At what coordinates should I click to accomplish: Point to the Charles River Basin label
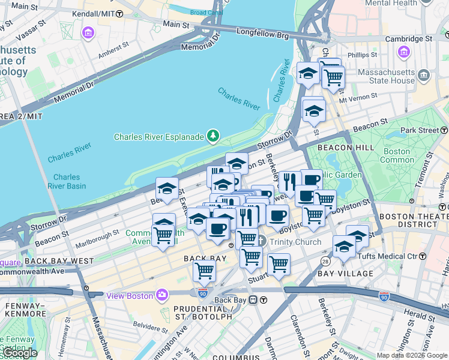(70, 181)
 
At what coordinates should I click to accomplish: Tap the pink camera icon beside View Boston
(162, 295)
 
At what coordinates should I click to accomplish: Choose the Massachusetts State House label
(386, 76)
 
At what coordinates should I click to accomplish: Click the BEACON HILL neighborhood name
(338, 147)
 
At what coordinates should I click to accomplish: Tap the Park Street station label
(420, 130)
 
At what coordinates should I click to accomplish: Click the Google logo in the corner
(20, 353)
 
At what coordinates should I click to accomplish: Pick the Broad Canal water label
(206, 12)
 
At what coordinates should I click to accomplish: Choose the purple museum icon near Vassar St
(88, 32)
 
